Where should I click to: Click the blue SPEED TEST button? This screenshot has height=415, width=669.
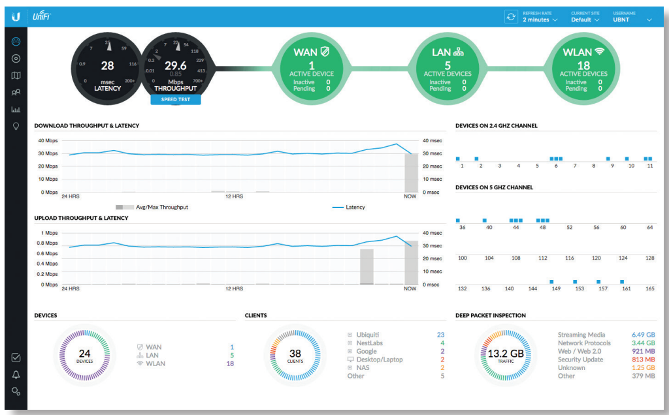click(x=175, y=99)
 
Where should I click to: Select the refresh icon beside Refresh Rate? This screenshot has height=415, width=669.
click(x=511, y=16)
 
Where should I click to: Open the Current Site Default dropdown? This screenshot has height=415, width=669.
click(x=585, y=20)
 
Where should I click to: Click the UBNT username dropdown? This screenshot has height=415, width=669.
click(x=632, y=20)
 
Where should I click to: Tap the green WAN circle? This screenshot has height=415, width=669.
click(x=312, y=68)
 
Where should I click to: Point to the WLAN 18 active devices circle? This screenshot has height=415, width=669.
click(x=583, y=68)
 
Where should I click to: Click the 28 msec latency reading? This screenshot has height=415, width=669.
click(x=108, y=66)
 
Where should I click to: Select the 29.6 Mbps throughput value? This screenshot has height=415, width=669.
click(x=175, y=66)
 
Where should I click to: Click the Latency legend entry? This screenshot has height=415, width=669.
click(x=349, y=207)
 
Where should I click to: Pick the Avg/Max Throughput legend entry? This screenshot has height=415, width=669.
click(x=152, y=207)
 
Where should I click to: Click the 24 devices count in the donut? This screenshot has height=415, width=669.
click(x=84, y=354)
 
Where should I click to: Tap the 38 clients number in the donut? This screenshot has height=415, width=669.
click(x=295, y=354)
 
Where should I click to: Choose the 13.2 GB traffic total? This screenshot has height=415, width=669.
click(x=506, y=354)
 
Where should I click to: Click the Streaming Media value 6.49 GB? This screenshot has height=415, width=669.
click(x=644, y=335)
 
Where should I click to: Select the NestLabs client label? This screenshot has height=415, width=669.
click(x=370, y=343)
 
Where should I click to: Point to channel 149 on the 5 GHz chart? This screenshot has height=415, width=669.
click(x=556, y=288)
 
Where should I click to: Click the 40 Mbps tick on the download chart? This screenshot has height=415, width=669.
click(x=48, y=140)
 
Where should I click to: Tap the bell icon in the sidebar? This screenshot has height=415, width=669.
click(x=16, y=375)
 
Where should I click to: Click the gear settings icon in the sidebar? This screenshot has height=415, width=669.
click(x=16, y=391)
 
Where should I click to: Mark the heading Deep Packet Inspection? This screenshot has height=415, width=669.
click(x=490, y=315)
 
